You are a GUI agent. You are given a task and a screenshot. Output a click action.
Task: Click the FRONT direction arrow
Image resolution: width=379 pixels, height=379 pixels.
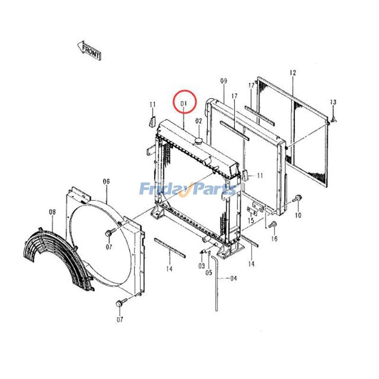click(89, 49)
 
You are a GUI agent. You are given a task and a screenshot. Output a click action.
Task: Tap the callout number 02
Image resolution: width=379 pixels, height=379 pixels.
click(199, 121)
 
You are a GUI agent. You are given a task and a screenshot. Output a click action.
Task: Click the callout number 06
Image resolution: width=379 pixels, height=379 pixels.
click(106, 181)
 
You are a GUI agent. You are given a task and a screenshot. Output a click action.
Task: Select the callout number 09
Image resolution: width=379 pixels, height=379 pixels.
click(224, 81)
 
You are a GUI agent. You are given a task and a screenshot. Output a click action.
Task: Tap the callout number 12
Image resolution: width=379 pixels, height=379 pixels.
click(292, 73)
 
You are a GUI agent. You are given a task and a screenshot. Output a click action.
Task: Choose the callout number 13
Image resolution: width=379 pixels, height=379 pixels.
click(333, 102)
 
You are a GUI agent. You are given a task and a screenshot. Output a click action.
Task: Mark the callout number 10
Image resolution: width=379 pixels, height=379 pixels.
click(298, 216)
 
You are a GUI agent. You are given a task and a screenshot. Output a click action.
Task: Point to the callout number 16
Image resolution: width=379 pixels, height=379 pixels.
click(274, 239)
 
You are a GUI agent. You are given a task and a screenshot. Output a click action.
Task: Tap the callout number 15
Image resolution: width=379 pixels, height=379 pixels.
click(251, 221)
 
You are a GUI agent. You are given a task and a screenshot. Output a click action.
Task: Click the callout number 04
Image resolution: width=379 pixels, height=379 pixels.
click(233, 279)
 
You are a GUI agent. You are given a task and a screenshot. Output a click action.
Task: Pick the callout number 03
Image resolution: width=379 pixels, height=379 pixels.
click(201, 266)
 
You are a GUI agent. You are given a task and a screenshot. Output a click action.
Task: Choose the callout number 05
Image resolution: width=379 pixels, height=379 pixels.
click(209, 272)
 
